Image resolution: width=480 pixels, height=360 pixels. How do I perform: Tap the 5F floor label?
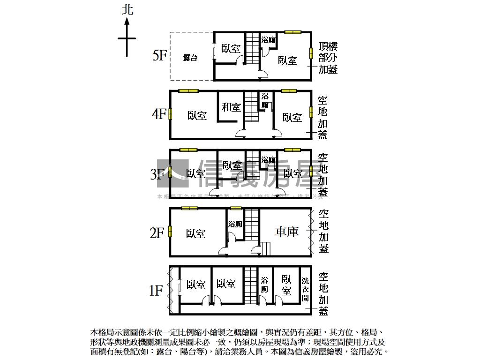click(x=159, y=56)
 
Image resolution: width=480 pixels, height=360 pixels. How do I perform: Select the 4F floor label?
click(x=159, y=114)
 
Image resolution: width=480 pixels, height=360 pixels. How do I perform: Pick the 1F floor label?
click(x=157, y=291)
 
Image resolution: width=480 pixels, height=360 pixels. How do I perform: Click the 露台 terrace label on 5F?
click(x=190, y=58)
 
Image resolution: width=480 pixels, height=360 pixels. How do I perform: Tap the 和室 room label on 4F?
click(x=231, y=107)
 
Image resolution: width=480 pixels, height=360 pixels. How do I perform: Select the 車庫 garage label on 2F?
click(x=286, y=232)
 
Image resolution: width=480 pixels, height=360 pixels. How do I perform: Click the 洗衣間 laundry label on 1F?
click(x=305, y=289)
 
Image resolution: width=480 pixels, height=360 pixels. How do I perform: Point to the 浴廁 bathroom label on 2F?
click(x=235, y=225)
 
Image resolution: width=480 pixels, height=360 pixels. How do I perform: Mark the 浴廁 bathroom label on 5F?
click(x=269, y=40)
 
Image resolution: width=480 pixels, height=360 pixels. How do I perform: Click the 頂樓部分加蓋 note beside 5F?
click(x=328, y=58)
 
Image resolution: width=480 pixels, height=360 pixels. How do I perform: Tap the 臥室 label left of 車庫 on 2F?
click(x=195, y=233)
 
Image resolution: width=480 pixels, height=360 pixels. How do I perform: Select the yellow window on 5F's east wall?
click(x=311, y=53)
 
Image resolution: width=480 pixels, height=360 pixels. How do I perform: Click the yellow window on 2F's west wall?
click(x=170, y=232)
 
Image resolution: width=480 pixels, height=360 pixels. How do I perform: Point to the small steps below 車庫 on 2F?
click(x=266, y=248)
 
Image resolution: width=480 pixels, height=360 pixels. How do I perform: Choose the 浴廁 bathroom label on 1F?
click(x=264, y=285)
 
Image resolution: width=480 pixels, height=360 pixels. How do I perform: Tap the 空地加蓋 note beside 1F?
click(x=323, y=293)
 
